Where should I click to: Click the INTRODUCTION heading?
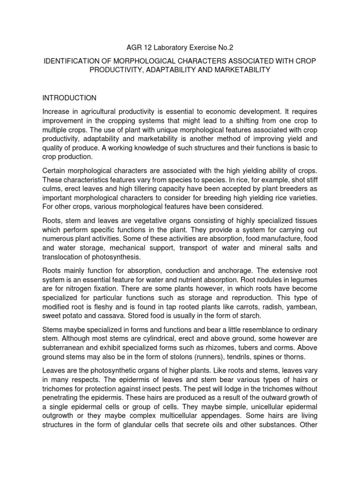coord(69,98)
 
